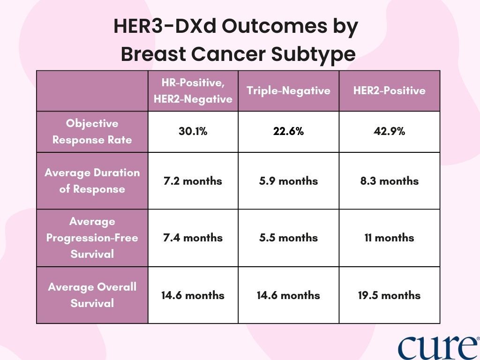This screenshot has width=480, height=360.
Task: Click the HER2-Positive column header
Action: pos(390,90)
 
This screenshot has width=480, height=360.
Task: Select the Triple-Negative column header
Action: pos(288,91)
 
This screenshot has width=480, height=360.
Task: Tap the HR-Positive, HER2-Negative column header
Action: pos(193,91)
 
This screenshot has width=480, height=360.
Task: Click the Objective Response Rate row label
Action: pos(92,132)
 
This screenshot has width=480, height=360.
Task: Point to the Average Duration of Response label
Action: pos(92,181)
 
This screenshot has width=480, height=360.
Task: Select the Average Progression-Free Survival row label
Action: pos(92,238)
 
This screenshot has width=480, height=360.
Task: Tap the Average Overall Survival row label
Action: pos(92,295)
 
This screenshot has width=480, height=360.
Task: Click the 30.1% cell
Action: pos(193,132)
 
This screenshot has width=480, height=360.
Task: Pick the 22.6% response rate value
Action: pos(288,132)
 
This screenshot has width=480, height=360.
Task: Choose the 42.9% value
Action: pos(390,132)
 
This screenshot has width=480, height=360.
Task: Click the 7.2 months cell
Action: pos(193,181)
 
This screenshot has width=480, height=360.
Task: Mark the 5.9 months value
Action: pos(288,181)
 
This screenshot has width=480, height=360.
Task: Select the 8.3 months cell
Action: pos(390,181)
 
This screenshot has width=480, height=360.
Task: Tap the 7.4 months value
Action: pos(193,238)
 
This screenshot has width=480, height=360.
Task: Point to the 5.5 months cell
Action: pos(288,238)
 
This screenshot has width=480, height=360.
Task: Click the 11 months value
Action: pos(390,238)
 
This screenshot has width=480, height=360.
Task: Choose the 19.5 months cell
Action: pos(390,295)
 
